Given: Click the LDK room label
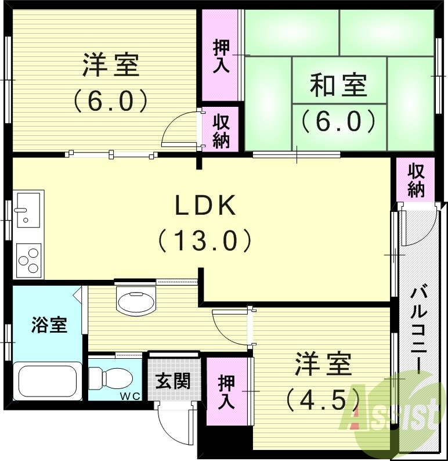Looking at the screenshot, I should click(206, 206).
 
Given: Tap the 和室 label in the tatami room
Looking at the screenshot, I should click(339, 87).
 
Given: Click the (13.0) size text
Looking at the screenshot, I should click(206, 240).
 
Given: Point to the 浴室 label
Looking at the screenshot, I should click(49, 325).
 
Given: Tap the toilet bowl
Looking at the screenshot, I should click(110, 377).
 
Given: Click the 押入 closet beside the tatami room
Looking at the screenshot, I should click(221, 56).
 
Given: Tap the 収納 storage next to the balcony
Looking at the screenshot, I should click(416, 180).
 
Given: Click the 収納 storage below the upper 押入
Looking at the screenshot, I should click(221, 131).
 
